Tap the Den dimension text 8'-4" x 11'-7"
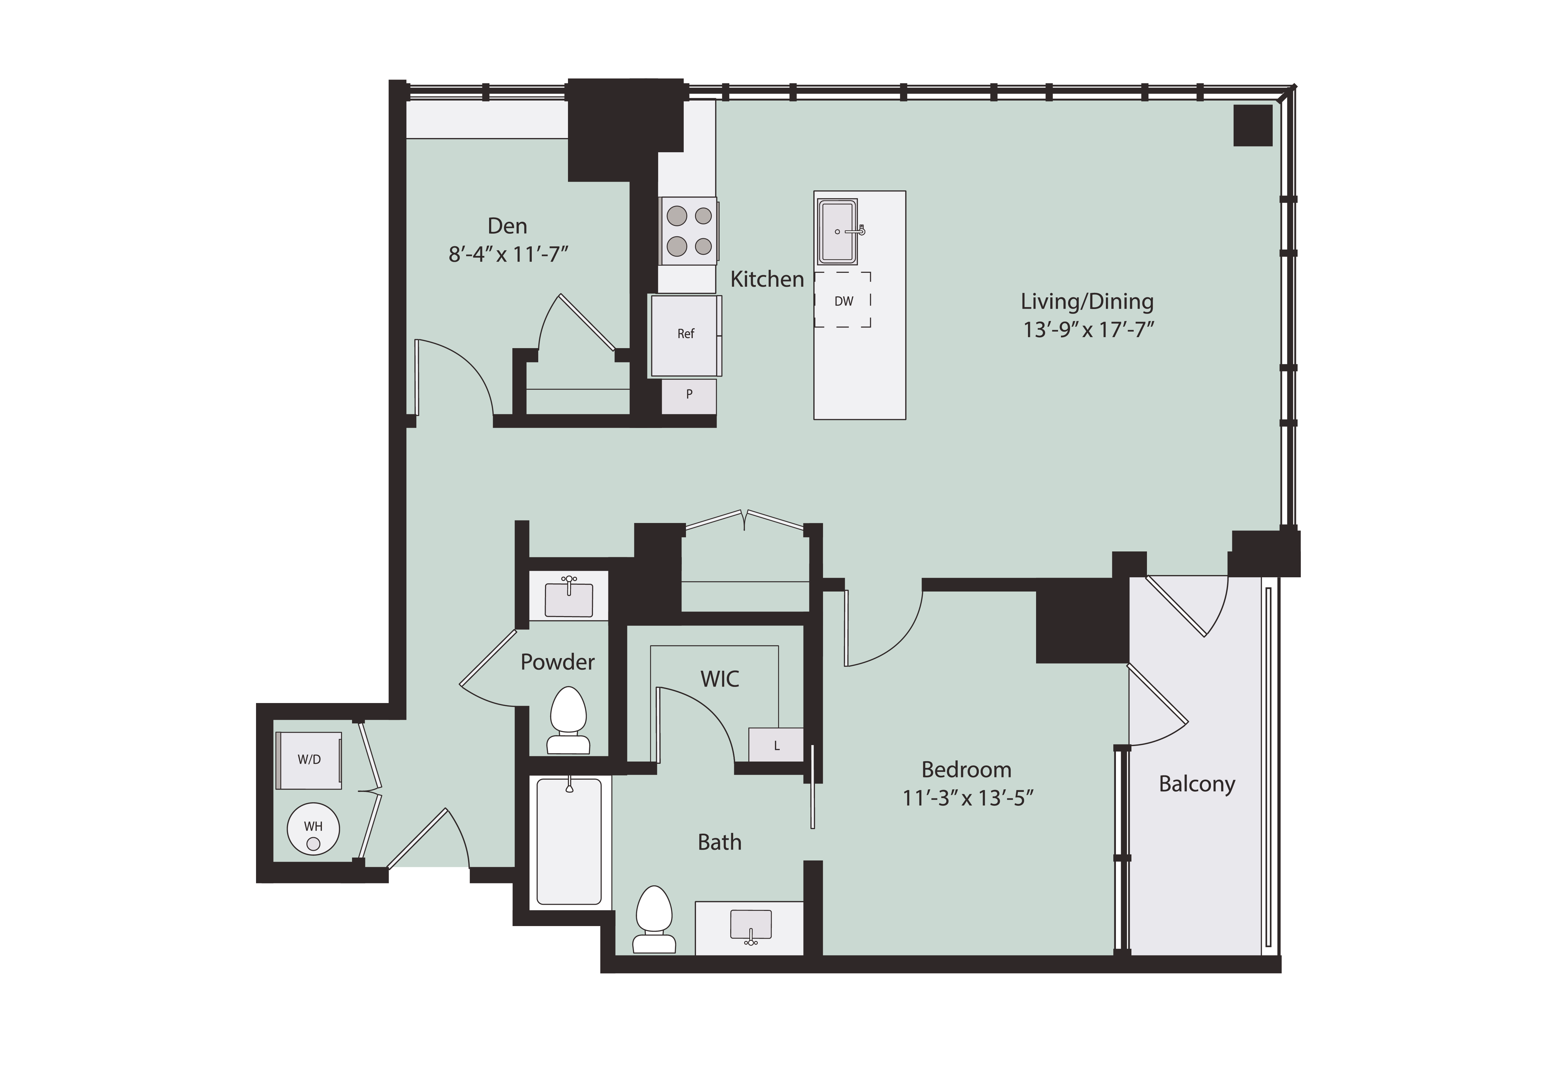[508, 255]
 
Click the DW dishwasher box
[842, 300]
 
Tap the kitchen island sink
[837, 231]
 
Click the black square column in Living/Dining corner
[1252, 125]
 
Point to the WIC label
[720, 679]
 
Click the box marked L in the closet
[776, 745]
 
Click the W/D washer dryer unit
[309, 760]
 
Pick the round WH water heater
[313, 829]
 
